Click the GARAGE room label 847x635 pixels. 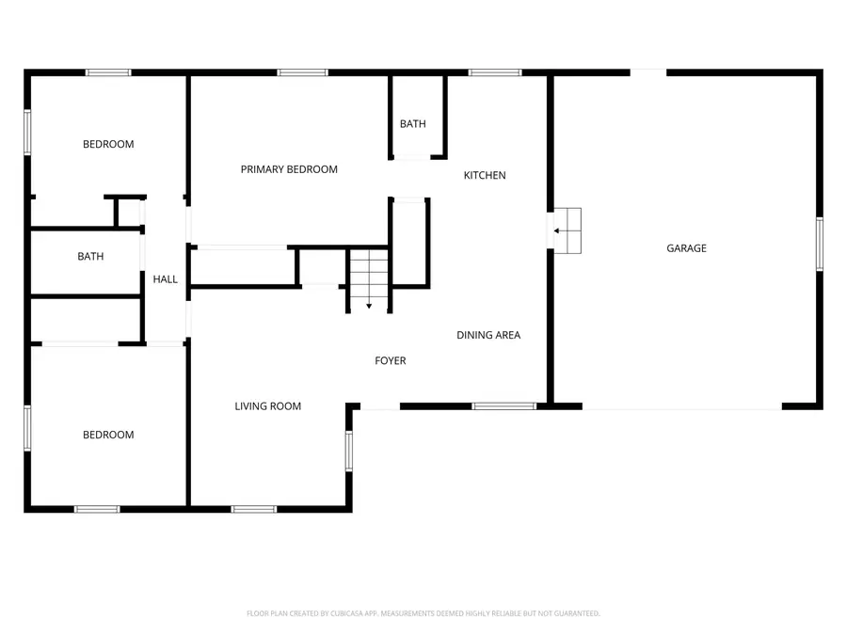686,248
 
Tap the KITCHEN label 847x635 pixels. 485,176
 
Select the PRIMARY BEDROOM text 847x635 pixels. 289,169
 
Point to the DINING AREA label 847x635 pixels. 488,335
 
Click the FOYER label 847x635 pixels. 391,360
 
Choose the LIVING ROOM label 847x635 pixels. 268,406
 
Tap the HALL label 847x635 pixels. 166,279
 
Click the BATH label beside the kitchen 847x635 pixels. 412,124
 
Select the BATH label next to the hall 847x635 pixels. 90,257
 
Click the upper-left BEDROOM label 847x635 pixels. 108,144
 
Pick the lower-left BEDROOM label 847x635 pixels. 108,435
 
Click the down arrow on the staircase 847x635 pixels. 369,304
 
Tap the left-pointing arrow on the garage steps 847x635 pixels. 558,230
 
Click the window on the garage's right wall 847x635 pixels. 819,245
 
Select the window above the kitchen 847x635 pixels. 495,72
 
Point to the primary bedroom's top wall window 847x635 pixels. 303,72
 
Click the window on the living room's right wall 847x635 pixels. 348,451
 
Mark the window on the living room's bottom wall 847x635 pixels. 254,509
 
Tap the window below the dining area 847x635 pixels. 503,406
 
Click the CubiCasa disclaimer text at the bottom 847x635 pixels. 423,613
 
